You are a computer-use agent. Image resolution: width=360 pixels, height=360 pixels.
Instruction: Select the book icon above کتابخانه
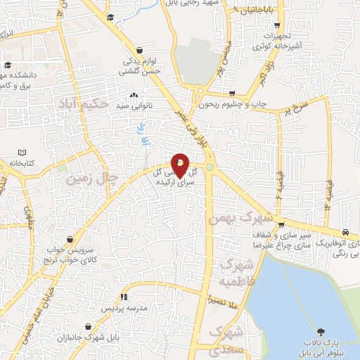[22, 153]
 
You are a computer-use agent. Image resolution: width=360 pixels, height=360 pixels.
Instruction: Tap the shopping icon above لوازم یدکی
[143, 51]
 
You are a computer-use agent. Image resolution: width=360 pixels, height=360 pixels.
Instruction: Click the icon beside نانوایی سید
[134, 95]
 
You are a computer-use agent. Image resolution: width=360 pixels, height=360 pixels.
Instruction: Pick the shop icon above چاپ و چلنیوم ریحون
[232, 93]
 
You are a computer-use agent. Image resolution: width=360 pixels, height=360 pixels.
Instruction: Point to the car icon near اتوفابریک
[345, 232]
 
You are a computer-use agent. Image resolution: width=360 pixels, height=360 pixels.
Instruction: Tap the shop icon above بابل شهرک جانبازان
[87, 327]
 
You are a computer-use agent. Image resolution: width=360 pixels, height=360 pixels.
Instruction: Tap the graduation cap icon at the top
[110, 17]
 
